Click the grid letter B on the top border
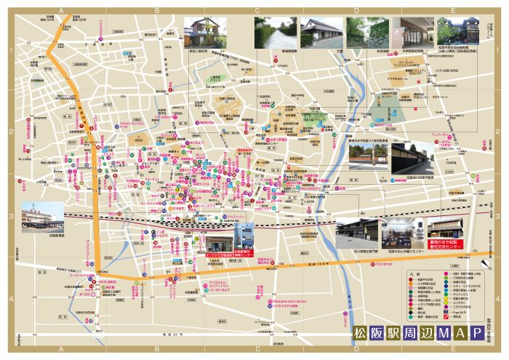point(157,11)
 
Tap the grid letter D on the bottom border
point(356,349)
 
